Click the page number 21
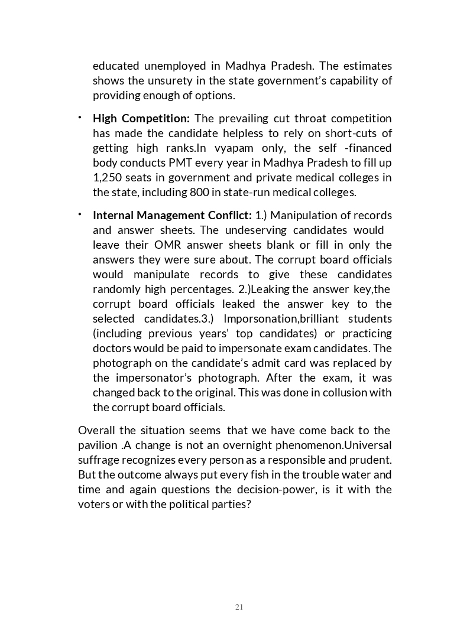[239, 607]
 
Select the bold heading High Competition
[141, 118]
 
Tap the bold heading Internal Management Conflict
[172, 215]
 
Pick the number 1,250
[106, 177]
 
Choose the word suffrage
[96, 460]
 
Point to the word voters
[95, 504]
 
